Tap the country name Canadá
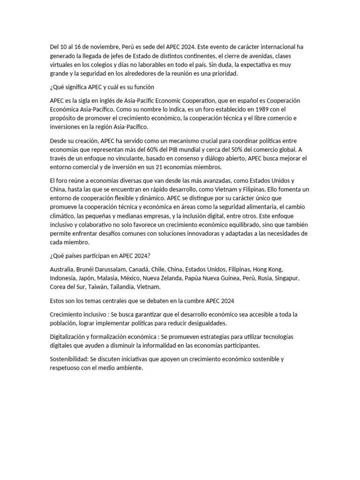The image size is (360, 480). (x=136, y=270)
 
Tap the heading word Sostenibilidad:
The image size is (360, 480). (x=69, y=359)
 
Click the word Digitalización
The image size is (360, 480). (x=69, y=337)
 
